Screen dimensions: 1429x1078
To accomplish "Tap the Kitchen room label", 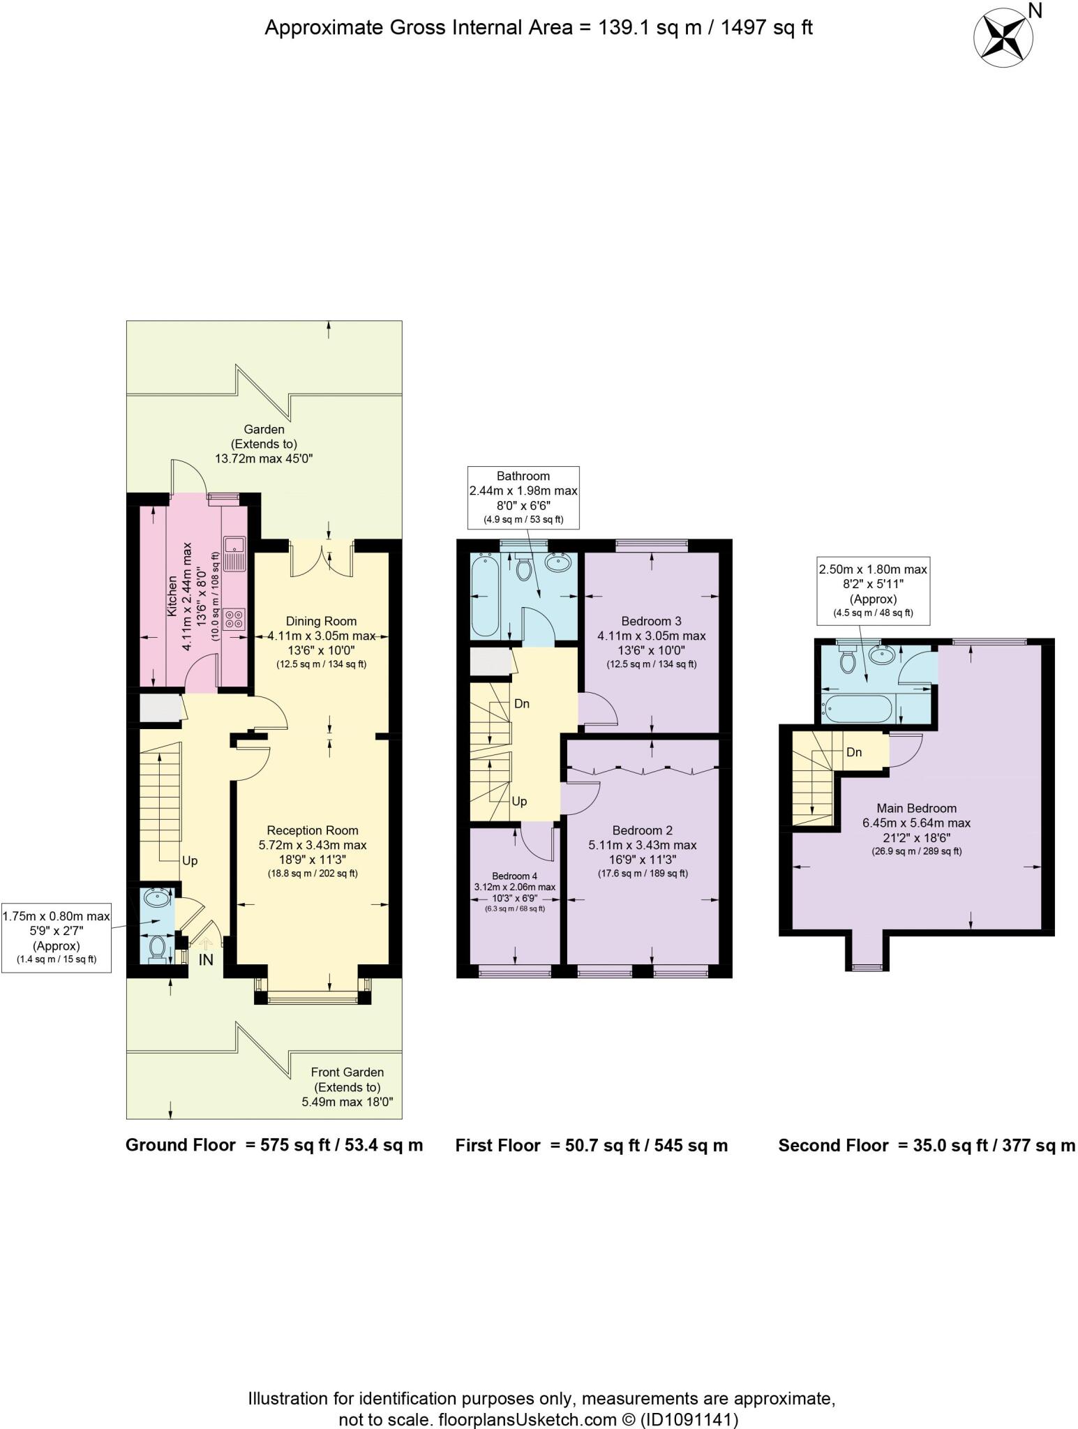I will [x=172, y=595].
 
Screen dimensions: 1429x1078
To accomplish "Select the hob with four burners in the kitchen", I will [x=234, y=618].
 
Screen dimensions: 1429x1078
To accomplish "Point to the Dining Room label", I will [x=321, y=621].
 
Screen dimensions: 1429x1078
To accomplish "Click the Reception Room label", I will [x=313, y=830].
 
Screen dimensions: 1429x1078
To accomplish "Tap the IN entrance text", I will [x=206, y=960].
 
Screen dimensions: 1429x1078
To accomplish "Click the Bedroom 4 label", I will [x=514, y=876].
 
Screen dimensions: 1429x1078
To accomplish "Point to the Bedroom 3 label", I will [x=651, y=621].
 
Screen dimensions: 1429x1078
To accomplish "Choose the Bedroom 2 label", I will [x=642, y=830].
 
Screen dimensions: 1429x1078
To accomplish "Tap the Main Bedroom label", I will [x=916, y=808].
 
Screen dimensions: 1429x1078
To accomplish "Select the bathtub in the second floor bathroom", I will [x=857, y=709].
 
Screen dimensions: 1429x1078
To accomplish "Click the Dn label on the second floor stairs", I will [x=854, y=752].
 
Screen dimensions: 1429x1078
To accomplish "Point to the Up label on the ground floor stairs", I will [x=190, y=860].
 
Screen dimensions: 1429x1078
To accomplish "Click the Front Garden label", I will [x=347, y=1072].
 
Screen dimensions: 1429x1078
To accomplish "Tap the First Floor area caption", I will [x=591, y=1145].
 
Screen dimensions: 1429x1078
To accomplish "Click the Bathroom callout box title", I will [x=523, y=476].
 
